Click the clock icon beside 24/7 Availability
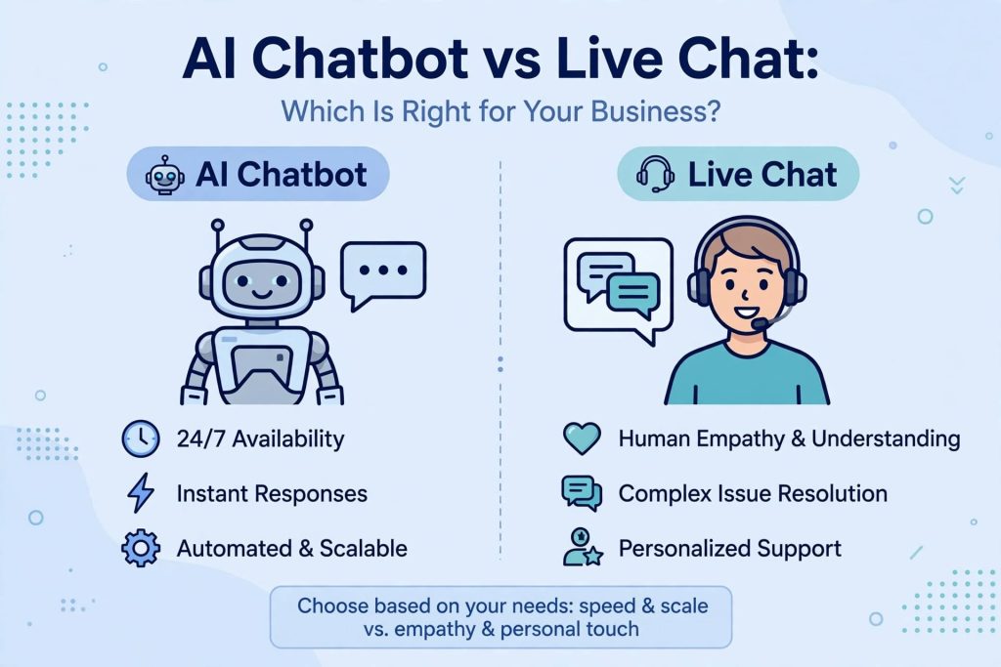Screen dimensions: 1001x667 click(x=141, y=438)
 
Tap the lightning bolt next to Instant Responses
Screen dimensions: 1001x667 click(x=141, y=493)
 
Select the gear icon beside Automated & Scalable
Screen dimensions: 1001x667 click(x=141, y=548)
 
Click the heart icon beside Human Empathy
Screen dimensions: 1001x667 click(x=582, y=438)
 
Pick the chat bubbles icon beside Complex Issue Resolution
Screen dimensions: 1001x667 click(x=582, y=493)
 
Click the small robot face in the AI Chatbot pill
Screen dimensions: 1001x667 click(x=164, y=175)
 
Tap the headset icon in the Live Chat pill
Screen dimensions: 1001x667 click(x=656, y=174)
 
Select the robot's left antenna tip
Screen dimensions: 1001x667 click(x=218, y=225)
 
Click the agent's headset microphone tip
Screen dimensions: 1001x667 click(x=759, y=324)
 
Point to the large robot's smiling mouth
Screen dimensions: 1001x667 click(x=262, y=294)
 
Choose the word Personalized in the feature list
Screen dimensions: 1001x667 click(x=677, y=549)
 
